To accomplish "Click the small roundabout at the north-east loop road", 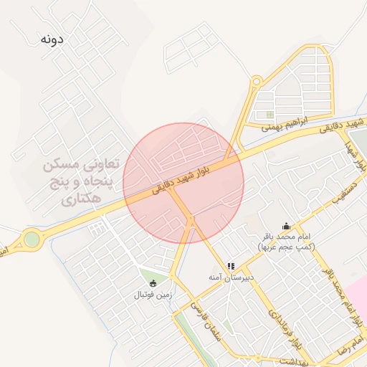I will [257, 80].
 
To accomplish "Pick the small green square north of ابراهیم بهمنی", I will [270, 114].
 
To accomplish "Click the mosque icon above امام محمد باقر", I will [287, 226].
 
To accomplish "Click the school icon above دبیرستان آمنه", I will [231, 265].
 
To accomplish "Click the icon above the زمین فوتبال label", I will [153, 282].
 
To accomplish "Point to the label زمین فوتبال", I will [152, 294].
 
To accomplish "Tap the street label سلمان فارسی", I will [205, 318].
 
